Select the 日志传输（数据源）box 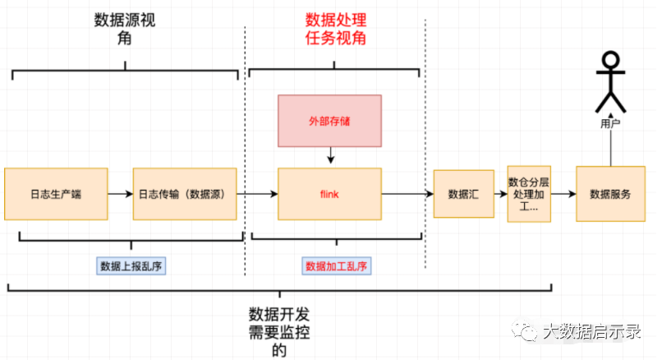(184, 194)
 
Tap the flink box (329, 194)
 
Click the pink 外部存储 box (329, 121)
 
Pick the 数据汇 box (463, 195)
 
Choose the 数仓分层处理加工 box (529, 194)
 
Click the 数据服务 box (610, 195)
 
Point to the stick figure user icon (610, 82)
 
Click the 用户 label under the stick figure (610, 124)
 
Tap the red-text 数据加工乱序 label (336, 265)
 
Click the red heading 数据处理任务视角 (336, 29)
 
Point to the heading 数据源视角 (125, 30)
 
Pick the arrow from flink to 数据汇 (407, 194)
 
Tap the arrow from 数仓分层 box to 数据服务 (563, 195)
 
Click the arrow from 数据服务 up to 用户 (610, 148)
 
